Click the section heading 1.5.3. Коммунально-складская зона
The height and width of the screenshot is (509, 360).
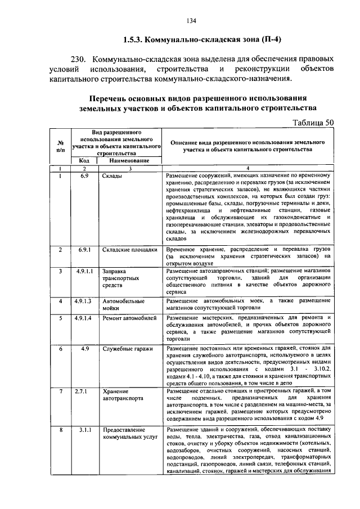pyautogui.click(x=201, y=40)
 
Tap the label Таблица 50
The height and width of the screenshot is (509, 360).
pyautogui.click(x=314, y=122)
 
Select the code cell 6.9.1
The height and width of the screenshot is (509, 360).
pyautogui.click(x=84, y=249)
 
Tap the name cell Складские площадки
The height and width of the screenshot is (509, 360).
pyautogui.click(x=129, y=249)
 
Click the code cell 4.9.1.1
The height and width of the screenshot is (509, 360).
pyautogui.click(x=84, y=271)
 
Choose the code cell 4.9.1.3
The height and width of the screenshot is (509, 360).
pyautogui.click(x=84, y=301)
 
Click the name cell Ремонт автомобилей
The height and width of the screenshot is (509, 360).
pyautogui.click(x=129, y=318)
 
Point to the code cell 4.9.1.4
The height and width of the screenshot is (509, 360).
pyautogui.click(x=84, y=318)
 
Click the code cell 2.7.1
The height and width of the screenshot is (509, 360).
pyautogui.click(x=84, y=391)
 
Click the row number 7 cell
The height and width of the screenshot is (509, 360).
pyautogui.click(x=60, y=391)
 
